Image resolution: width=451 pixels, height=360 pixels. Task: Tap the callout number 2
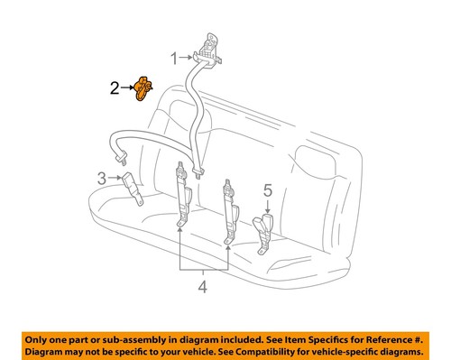click(x=115, y=88)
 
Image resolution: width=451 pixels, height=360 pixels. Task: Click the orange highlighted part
click(x=143, y=89)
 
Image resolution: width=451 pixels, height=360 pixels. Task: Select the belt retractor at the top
click(x=209, y=47)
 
